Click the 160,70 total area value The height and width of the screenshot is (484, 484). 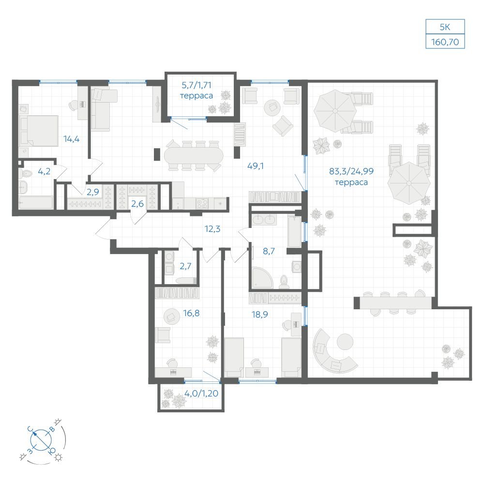click(x=445, y=42)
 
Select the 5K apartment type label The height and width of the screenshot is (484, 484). click(x=445, y=27)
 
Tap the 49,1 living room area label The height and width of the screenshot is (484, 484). click(x=256, y=166)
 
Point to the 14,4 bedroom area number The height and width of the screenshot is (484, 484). click(x=72, y=139)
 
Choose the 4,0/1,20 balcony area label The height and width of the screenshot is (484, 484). click(x=201, y=393)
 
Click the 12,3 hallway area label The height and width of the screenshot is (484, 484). click(x=212, y=229)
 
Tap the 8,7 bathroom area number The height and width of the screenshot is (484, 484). click(x=269, y=251)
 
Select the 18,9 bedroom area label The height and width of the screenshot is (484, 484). click(x=259, y=315)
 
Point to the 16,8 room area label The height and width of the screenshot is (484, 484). click(x=191, y=313)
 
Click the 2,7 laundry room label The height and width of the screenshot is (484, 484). click(x=185, y=266)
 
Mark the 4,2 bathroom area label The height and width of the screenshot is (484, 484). click(x=44, y=171)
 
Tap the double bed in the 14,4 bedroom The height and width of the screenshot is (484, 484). click(x=39, y=131)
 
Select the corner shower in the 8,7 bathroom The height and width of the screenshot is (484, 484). click(x=262, y=278)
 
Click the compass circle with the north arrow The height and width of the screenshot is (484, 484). click(x=41, y=439)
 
